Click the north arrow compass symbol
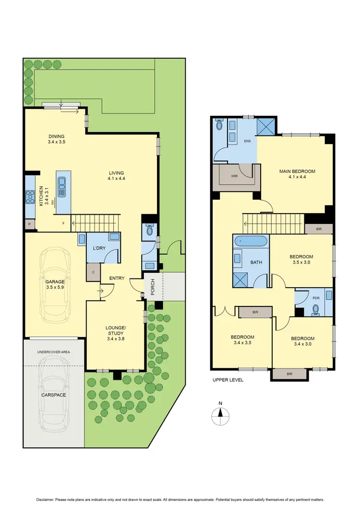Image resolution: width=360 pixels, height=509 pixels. tap(220, 413)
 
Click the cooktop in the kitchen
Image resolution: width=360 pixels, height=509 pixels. tap(29, 196)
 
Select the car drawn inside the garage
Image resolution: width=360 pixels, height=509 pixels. tap(55, 285)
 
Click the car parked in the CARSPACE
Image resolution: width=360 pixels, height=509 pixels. tap(54, 394)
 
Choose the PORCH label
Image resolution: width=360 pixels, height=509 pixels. tap(153, 286)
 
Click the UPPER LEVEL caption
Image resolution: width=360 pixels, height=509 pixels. tap(228, 380)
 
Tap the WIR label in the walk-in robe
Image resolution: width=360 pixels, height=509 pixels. tap(235, 176)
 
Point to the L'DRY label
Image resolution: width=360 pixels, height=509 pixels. tap(99, 247)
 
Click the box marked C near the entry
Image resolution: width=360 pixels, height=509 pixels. tap(93, 271)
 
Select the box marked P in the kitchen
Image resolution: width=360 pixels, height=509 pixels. tap(29, 224)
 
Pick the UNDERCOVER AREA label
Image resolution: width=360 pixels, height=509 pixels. tap(54, 352)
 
